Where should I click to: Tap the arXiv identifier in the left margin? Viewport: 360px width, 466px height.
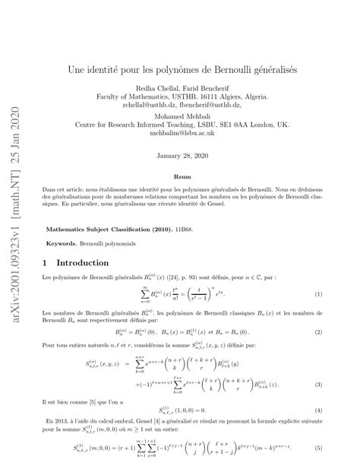[15, 233]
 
